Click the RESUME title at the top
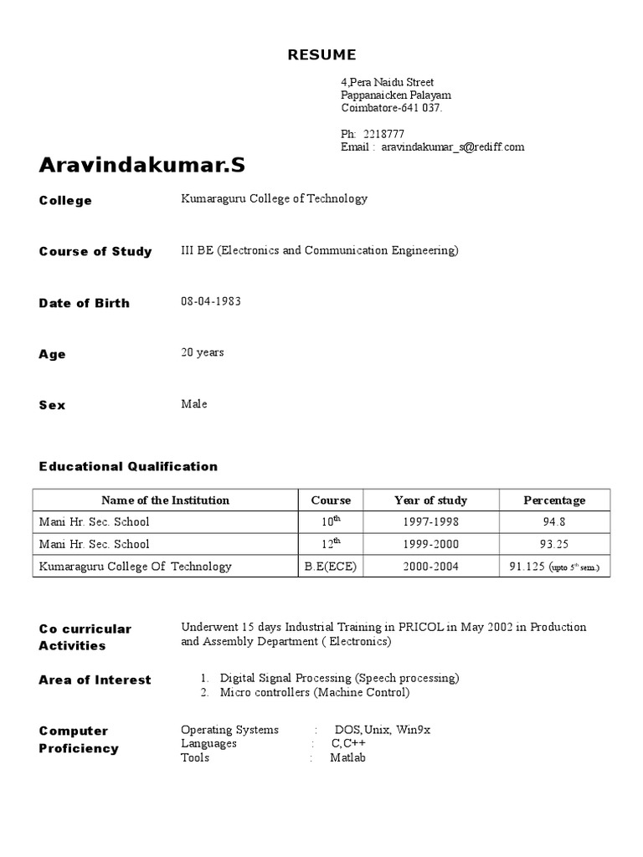click(321, 55)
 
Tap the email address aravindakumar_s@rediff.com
click(453, 146)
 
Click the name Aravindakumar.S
click(142, 165)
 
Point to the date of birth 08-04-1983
click(211, 301)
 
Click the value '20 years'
click(203, 352)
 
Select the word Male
click(194, 403)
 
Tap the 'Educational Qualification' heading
click(128, 466)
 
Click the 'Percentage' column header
click(554, 500)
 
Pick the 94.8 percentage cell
click(554, 522)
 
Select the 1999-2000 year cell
click(430, 544)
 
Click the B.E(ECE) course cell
click(331, 567)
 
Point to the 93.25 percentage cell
click(554, 544)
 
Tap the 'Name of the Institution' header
click(165, 500)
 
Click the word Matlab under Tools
click(348, 757)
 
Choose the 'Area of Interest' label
click(95, 680)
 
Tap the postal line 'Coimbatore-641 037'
click(391, 108)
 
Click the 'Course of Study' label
click(95, 251)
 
